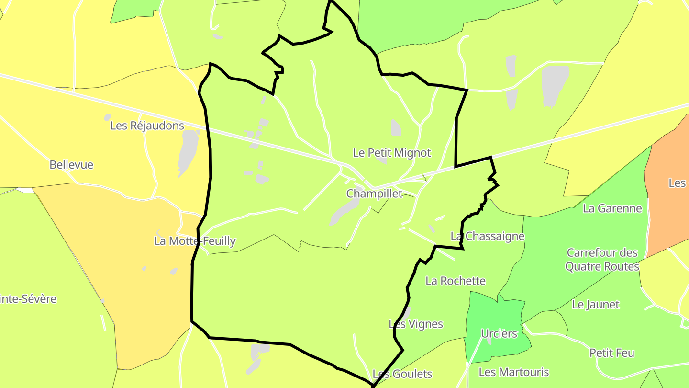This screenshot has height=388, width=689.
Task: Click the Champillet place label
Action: (374, 194)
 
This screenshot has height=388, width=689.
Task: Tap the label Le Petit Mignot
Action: (391, 153)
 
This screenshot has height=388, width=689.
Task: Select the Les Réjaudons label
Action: (147, 126)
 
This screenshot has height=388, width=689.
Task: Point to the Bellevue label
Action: (71, 165)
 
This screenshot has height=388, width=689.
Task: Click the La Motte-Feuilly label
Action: (195, 241)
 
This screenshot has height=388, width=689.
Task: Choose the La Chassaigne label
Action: (488, 236)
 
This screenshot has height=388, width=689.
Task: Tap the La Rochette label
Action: (456, 281)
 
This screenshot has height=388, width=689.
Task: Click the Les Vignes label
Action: (416, 324)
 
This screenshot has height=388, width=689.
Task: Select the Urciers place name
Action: (499, 333)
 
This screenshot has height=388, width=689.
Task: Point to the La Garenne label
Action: (612, 208)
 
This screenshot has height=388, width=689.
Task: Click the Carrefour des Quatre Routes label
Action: (602, 260)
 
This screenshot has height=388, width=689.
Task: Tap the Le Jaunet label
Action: (596, 304)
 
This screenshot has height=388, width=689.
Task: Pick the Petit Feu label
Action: (611, 353)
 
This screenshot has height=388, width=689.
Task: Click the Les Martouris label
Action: (513, 372)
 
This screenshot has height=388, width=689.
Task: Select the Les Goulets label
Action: (402, 374)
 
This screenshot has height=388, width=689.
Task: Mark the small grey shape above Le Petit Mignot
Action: (396, 127)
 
